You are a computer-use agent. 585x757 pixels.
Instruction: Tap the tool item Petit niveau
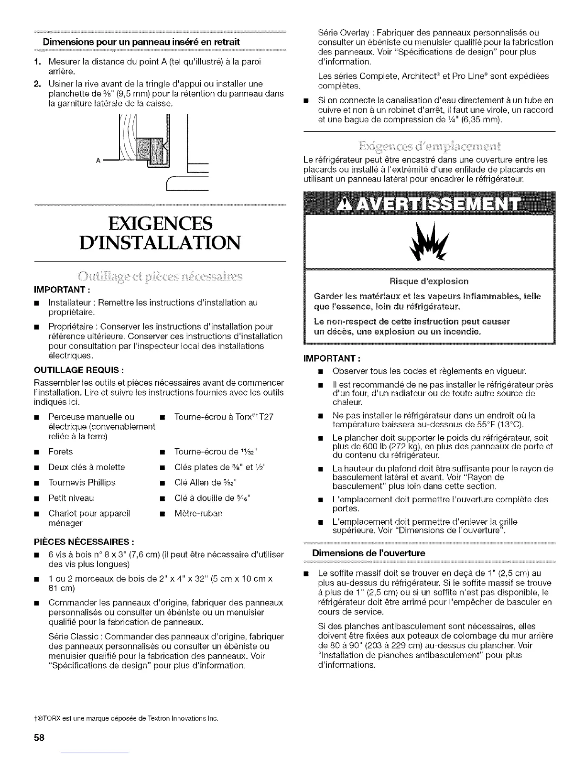pyautogui.click(x=71, y=498)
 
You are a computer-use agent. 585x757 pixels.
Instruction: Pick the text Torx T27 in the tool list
pyautogui.click(x=224, y=417)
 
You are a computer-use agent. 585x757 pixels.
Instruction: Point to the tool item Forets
pyautogui.click(x=61, y=452)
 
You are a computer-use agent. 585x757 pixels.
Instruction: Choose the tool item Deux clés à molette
pyautogui.click(x=87, y=467)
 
